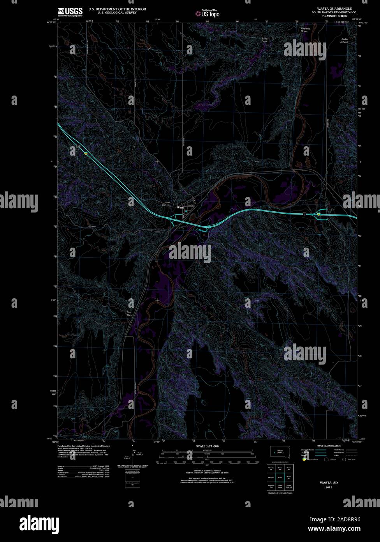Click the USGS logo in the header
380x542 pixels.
(70, 12)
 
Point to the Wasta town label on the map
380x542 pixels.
(181, 207)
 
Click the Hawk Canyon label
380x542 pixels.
(167, 204)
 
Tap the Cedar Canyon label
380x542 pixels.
(344, 41)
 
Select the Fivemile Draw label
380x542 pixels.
(306, 30)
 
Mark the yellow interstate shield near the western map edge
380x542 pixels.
(86, 154)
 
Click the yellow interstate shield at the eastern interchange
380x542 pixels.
(318, 214)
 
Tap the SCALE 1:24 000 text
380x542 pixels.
(208, 446)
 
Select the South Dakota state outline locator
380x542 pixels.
(279, 451)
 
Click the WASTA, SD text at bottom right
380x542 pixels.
(329, 483)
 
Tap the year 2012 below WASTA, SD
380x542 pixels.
(329, 487)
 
